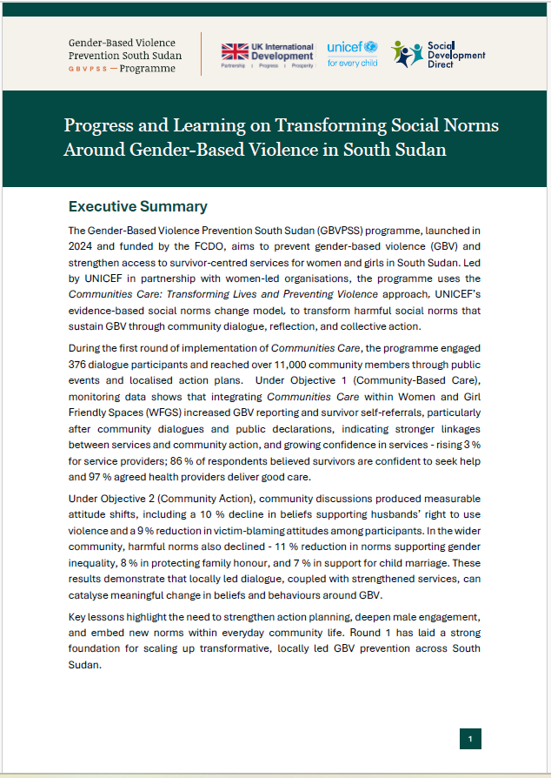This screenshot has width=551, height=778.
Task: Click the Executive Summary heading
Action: pos(137,207)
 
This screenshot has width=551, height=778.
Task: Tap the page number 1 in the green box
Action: pos(470,739)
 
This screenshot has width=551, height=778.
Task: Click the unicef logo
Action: pos(352,53)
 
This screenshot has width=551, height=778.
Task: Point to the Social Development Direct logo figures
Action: pos(408,54)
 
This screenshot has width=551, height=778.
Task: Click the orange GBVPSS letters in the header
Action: pos(91,69)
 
